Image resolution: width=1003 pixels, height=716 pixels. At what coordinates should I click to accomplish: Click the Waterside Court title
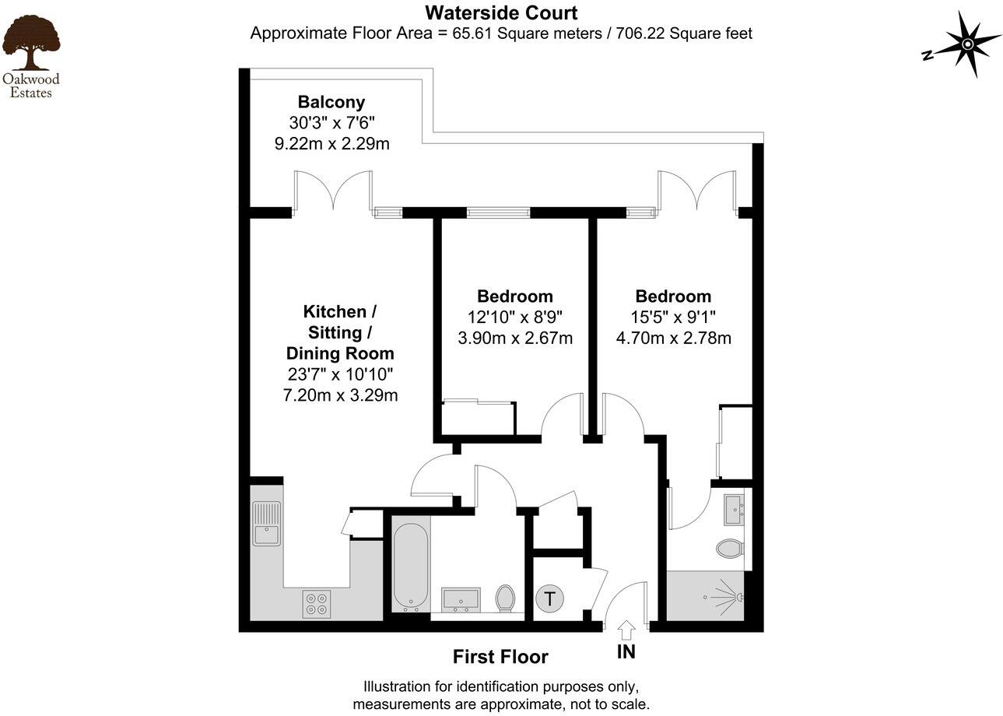[x=501, y=13]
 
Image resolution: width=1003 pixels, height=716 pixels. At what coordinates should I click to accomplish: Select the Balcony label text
[x=331, y=102]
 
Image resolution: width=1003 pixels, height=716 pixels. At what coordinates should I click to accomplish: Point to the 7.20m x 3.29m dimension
[x=340, y=395]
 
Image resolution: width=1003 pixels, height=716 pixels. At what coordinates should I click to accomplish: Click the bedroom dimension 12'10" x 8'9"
[x=514, y=318]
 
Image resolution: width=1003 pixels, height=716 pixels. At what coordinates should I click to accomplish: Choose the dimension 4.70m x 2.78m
[x=673, y=339]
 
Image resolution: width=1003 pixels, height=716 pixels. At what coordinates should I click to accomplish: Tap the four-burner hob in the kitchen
[x=317, y=604]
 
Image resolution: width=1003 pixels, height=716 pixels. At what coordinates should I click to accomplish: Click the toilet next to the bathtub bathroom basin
[x=505, y=598]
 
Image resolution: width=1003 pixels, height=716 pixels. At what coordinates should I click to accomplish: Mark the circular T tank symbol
[x=550, y=599]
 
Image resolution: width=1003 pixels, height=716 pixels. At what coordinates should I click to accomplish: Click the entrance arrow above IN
[x=626, y=629]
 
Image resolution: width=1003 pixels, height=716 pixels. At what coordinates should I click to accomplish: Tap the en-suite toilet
[x=730, y=549]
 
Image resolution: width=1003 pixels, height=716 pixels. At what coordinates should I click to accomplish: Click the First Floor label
[x=500, y=657]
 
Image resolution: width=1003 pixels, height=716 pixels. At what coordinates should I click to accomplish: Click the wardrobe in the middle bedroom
[x=478, y=418]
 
